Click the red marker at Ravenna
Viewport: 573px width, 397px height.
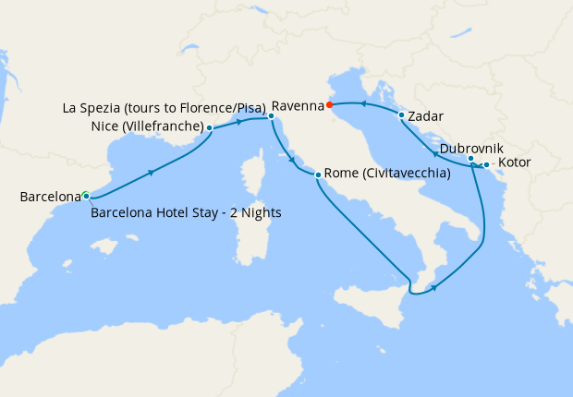pos(330,104)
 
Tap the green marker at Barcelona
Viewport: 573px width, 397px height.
pos(85,196)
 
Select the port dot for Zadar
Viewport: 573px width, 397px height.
pos(401,115)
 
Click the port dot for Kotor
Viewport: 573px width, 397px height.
pos(486,164)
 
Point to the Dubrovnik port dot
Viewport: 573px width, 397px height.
pos(471,159)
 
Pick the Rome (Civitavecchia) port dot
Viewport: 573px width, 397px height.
pos(318,175)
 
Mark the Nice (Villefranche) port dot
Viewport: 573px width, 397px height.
pos(210,127)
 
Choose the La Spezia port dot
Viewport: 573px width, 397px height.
pos(271,116)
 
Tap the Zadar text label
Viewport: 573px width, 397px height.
pos(425,117)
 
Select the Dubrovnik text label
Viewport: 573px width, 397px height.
pos(471,147)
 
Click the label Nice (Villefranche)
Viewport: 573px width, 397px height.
pos(148,126)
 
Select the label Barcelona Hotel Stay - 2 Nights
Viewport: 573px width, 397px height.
pos(187,213)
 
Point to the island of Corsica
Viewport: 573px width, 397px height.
pos(250,178)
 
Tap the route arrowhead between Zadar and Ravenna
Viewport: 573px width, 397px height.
pos(363,104)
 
